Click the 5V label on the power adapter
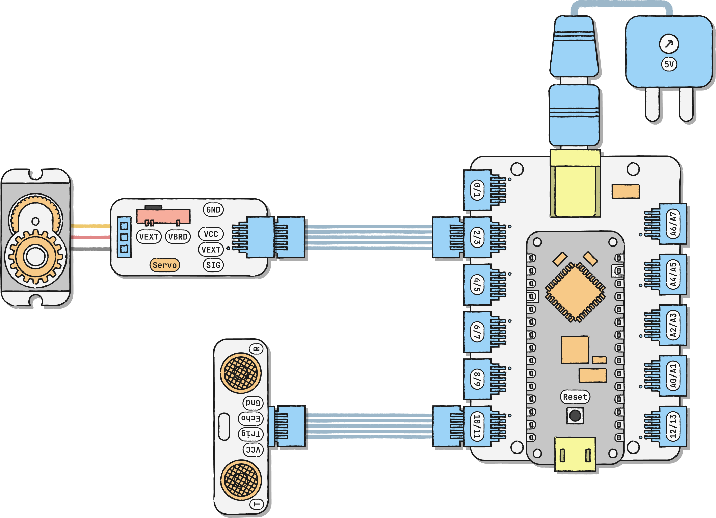click(669, 64)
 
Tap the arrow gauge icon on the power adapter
click(669, 44)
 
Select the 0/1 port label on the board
click(477, 190)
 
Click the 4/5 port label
click(477, 285)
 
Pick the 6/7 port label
click(477, 332)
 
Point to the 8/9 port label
click(477, 379)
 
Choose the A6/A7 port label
click(673, 224)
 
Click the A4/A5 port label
click(673, 275)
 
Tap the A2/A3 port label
click(673, 325)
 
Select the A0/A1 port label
click(673, 376)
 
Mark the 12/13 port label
click(673, 426)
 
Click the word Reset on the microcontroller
click(575, 397)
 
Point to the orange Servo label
click(165, 265)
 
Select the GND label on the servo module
click(213, 210)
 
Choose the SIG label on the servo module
click(213, 265)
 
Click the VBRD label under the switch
click(178, 237)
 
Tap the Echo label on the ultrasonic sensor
click(250, 418)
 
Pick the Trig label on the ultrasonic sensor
click(250, 434)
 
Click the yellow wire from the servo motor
click(90, 226)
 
